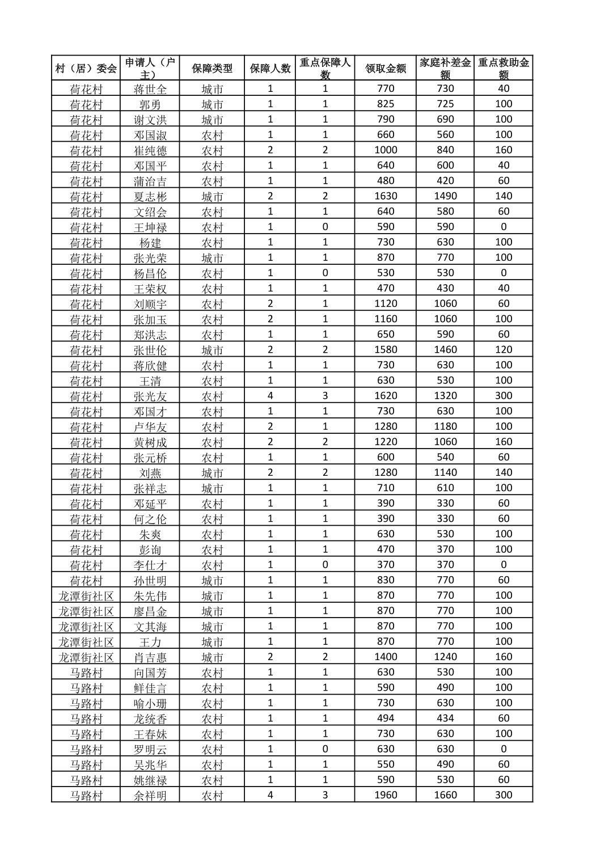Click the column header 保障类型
point(212,68)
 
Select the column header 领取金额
point(386,68)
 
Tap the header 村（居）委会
point(86,68)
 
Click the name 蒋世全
point(150,88)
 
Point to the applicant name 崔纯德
point(150,150)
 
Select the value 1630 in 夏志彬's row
point(386,196)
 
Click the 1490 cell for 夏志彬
point(445,196)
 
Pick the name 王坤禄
point(150,227)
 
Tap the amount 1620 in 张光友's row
point(386,395)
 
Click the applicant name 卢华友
point(150,426)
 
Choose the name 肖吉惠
point(150,657)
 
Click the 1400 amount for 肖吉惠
point(386,656)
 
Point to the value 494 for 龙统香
point(386,717)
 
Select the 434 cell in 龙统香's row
point(445,717)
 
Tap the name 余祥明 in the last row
point(150,795)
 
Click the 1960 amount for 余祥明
point(386,795)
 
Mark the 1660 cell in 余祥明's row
point(445,795)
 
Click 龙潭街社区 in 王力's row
point(86,641)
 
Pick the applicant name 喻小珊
point(150,703)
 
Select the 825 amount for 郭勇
point(386,104)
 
